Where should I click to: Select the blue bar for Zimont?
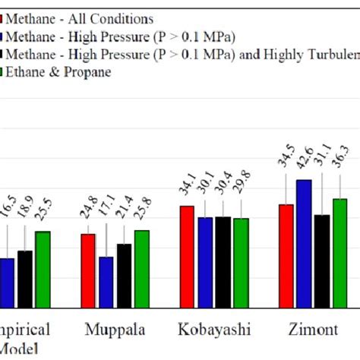click(x=303, y=243)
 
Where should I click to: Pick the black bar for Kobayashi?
click(x=223, y=261)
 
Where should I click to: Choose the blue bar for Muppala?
click(x=106, y=282)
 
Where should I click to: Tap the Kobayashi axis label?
click(x=213, y=330)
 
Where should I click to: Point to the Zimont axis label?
click(x=313, y=330)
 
